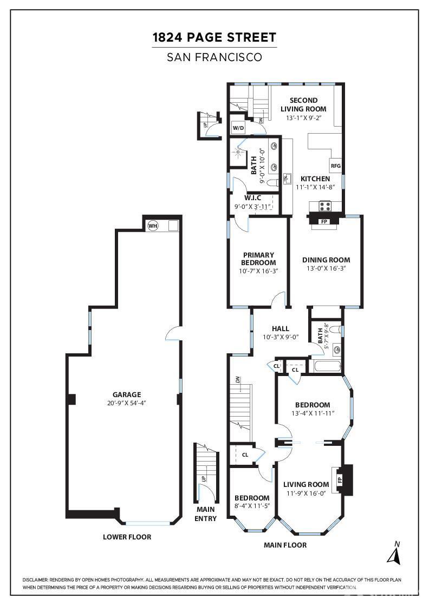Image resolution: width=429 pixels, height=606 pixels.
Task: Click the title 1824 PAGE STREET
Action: click(214, 37)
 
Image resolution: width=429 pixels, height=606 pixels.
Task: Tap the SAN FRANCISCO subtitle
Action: click(214, 57)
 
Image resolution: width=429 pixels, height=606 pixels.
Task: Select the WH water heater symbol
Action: click(153, 226)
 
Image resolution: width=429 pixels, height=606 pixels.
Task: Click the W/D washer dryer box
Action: click(239, 128)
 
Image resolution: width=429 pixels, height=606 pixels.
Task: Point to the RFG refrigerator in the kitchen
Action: click(335, 166)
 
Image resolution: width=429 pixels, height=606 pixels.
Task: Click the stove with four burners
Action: click(324, 206)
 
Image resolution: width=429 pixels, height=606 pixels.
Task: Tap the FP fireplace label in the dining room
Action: click(324, 221)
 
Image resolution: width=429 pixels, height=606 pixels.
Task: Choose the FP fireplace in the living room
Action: click(340, 480)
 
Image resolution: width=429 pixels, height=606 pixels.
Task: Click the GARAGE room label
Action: click(127, 394)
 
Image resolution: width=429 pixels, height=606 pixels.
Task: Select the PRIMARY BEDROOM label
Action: click(258, 259)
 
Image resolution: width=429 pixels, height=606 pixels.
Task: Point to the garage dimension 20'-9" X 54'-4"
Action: click(127, 403)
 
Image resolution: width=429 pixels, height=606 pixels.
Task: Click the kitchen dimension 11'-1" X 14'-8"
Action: click(315, 187)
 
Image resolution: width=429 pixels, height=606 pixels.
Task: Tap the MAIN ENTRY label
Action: click(205, 514)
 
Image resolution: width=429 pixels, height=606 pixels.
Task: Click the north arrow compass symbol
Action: click(394, 554)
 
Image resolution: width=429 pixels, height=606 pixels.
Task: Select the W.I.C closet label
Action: click(252, 198)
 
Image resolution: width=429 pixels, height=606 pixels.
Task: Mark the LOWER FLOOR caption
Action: click(127, 537)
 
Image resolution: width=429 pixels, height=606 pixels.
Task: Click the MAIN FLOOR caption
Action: click(285, 545)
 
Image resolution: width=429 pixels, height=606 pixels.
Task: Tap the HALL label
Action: click(281, 328)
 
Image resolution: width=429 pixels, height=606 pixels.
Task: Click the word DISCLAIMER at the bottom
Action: click(35, 579)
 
